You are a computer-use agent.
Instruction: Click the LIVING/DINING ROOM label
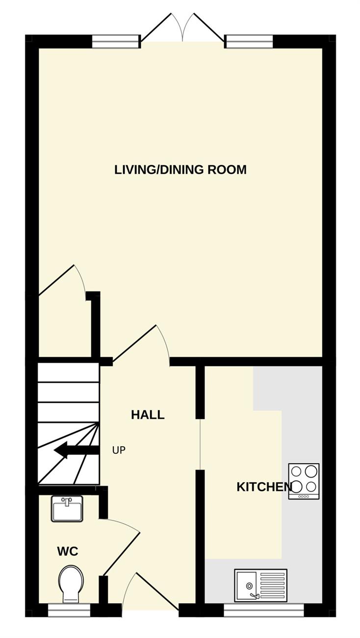[x=180, y=170]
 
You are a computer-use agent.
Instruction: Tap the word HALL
[x=148, y=415]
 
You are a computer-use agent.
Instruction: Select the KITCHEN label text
[x=264, y=487]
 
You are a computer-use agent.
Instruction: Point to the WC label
[x=68, y=552]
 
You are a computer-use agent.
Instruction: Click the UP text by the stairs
[x=119, y=451]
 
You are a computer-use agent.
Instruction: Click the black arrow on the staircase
[x=77, y=451]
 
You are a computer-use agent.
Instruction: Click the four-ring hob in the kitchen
[x=304, y=481]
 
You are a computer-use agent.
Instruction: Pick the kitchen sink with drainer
[x=260, y=585]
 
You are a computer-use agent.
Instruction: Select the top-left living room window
[x=116, y=42]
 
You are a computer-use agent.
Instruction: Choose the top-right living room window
[x=249, y=42]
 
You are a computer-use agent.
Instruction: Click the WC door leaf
[x=122, y=553]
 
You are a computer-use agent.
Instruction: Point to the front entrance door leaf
[x=157, y=591]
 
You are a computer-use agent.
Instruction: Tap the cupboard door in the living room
[x=56, y=280]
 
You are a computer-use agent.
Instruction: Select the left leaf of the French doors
[x=156, y=27]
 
